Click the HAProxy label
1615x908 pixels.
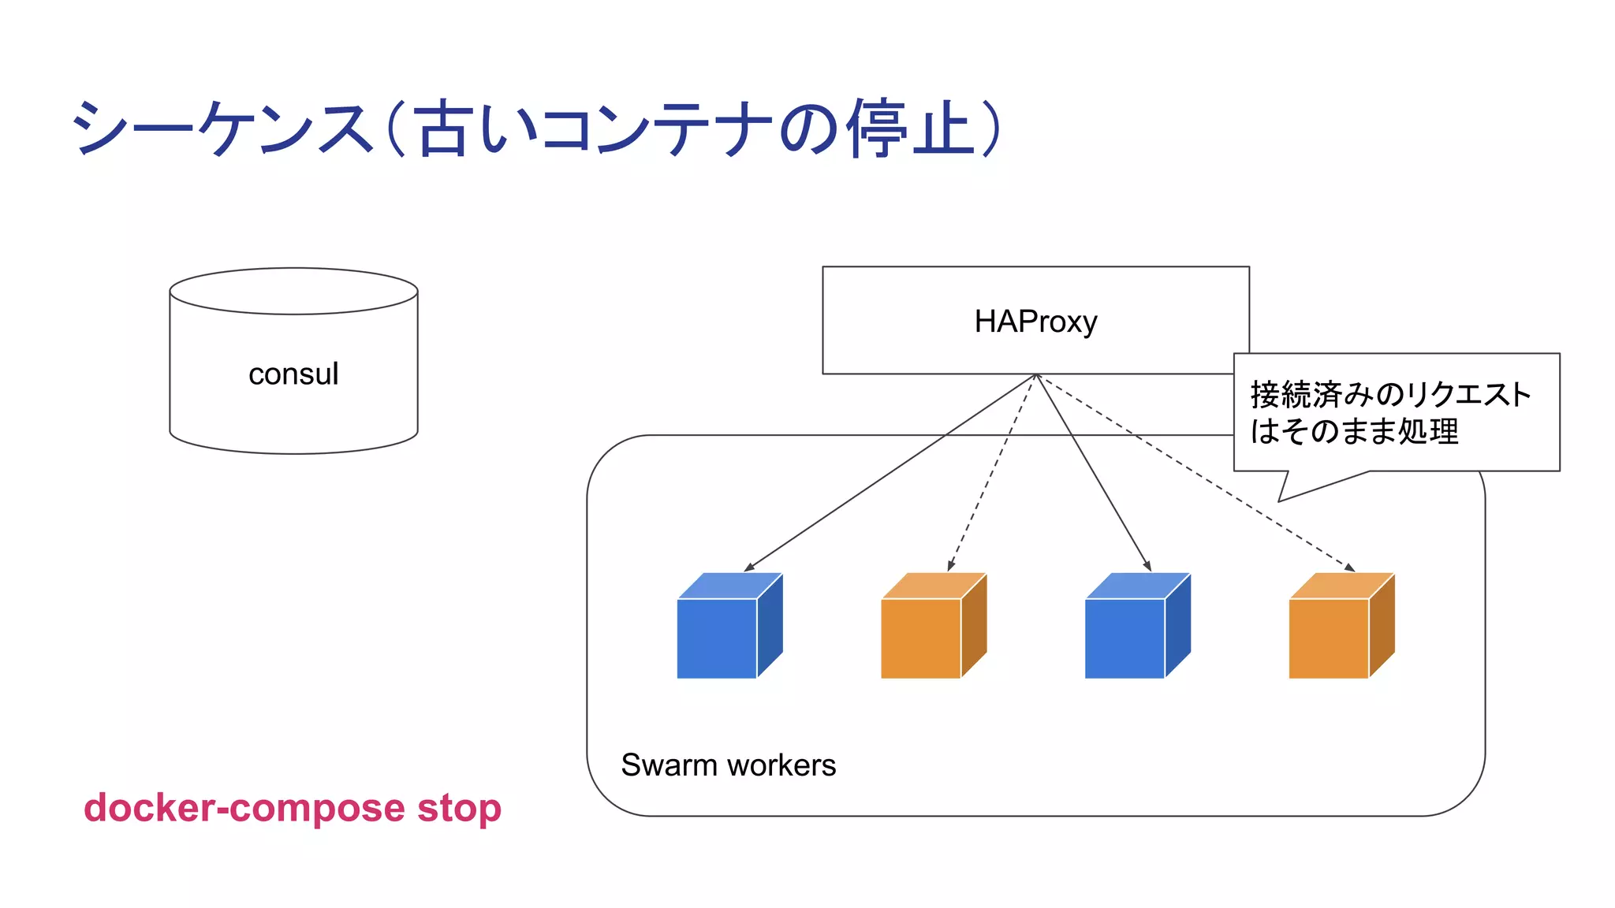[1035, 322]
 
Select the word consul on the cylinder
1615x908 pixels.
[293, 374]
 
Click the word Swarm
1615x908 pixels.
[668, 765]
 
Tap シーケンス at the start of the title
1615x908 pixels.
[221, 128]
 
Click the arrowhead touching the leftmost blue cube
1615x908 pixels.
[748, 567]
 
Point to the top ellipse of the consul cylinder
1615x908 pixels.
[293, 291]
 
